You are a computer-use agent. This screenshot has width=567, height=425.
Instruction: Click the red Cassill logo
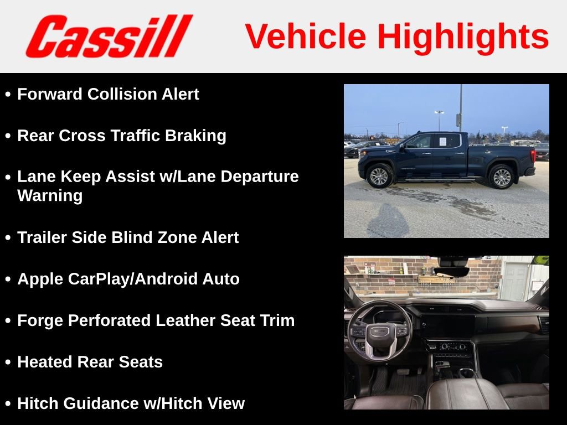(x=109, y=36)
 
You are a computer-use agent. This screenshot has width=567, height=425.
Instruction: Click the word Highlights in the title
(x=463, y=37)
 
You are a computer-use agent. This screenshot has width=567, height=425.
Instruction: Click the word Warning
(x=50, y=195)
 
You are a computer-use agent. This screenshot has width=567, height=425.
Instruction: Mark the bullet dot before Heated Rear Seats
(x=8, y=362)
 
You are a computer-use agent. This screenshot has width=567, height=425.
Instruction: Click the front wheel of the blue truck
(x=380, y=176)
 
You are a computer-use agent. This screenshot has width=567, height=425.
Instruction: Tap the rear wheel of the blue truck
(x=501, y=177)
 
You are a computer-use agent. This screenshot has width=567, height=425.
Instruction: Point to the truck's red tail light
(x=533, y=154)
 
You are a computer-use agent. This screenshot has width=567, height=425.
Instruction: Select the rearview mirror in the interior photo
(x=451, y=272)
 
